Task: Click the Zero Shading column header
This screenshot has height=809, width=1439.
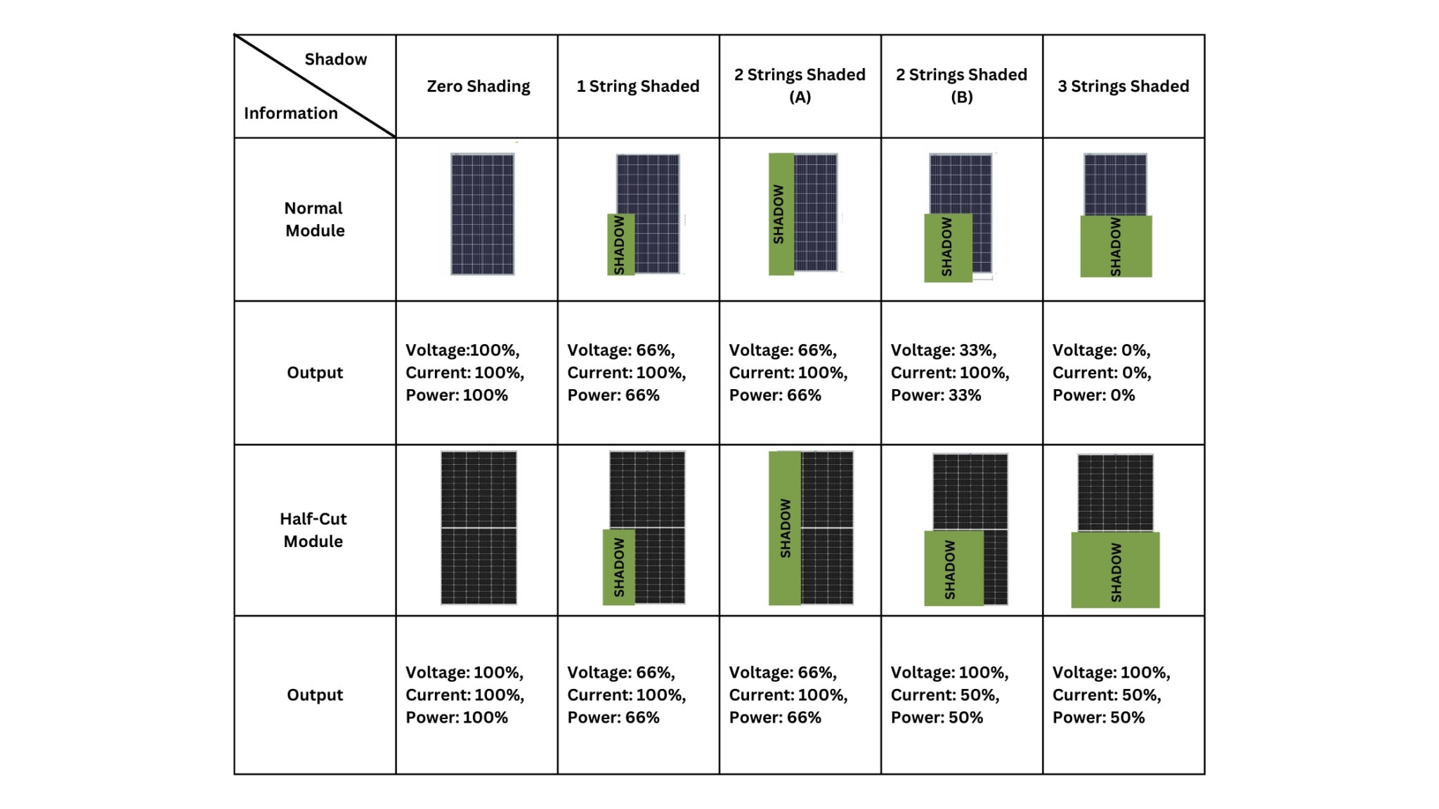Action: (x=478, y=86)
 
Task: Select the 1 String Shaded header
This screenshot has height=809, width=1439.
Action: (x=638, y=86)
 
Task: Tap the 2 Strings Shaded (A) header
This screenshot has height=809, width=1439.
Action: (x=800, y=85)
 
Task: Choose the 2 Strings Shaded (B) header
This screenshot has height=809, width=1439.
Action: (x=961, y=85)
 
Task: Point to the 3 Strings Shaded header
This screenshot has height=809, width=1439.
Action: (x=1123, y=86)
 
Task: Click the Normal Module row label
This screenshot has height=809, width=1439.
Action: (x=314, y=219)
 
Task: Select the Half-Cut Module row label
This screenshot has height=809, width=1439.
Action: (x=313, y=530)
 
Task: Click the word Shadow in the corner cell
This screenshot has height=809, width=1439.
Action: (x=335, y=60)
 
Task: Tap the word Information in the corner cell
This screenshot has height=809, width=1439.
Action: (x=290, y=113)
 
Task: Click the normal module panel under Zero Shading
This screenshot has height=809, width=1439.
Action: (x=482, y=214)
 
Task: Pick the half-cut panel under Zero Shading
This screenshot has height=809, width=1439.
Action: (x=478, y=527)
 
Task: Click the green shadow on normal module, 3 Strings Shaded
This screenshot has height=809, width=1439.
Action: (x=1116, y=246)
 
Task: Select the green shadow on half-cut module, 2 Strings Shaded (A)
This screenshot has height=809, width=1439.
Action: (x=785, y=527)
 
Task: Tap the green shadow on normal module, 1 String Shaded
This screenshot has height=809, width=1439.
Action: (x=620, y=244)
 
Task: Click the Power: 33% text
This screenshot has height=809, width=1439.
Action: (x=935, y=395)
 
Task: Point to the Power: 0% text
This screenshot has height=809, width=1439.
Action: (x=1093, y=395)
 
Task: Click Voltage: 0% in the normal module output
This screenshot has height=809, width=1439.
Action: (x=1101, y=350)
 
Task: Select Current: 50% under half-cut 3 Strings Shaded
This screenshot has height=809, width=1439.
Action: (x=1106, y=695)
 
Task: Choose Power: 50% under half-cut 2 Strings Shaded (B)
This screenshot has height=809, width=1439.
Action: (x=937, y=718)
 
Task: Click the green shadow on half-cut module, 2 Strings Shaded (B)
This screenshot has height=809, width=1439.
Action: (x=953, y=567)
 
